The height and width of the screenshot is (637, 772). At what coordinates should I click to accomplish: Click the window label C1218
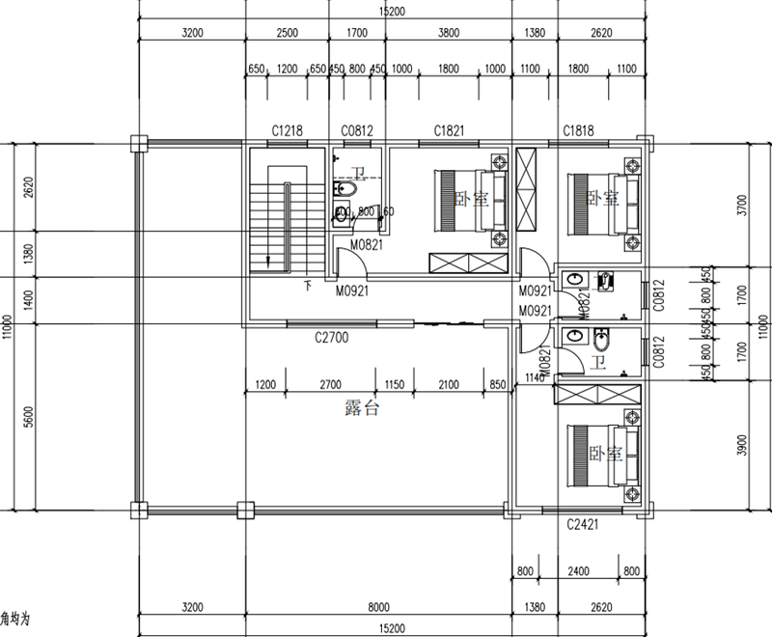(x=288, y=130)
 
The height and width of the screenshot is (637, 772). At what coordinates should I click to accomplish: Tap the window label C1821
(x=450, y=130)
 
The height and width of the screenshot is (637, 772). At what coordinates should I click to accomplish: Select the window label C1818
(x=579, y=130)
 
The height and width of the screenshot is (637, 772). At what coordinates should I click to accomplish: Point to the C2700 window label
(x=331, y=338)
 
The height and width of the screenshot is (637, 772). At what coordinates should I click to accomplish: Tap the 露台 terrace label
(x=362, y=408)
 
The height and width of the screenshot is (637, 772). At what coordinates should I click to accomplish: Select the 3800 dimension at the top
(x=448, y=32)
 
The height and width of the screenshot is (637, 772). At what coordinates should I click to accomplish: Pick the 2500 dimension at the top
(x=287, y=32)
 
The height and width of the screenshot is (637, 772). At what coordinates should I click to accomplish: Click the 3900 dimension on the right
(x=741, y=445)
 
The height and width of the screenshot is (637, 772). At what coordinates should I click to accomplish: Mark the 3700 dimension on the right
(x=741, y=206)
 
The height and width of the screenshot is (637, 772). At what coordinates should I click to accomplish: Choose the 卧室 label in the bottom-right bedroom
(x=603, y=453)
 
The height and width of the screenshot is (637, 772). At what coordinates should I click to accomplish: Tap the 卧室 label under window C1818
(x=602, y=198)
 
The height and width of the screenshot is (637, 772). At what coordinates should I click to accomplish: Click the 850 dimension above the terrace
(x=498, y=385)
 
